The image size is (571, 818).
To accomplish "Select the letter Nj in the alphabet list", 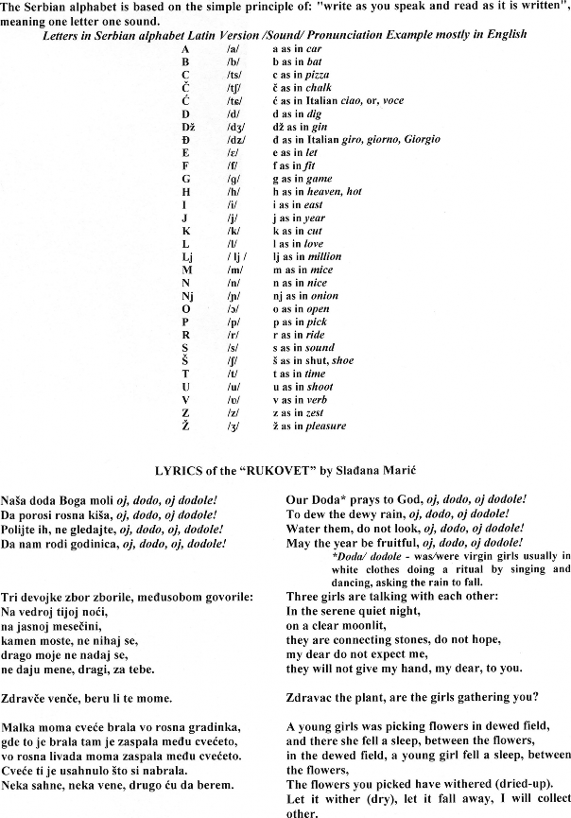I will [186, 295].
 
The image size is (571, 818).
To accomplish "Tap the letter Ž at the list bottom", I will [185, 426].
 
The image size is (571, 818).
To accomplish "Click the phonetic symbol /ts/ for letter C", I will [234, 74].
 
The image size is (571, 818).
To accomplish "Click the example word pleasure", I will [325, 426].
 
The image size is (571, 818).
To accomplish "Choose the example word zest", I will [314, 412].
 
